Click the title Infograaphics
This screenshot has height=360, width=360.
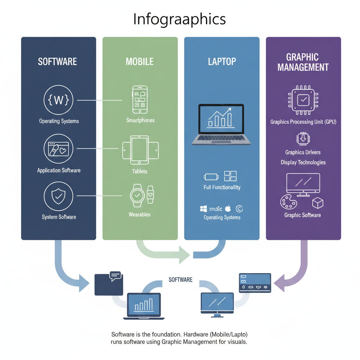179,19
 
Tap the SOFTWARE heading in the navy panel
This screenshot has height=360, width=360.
57,62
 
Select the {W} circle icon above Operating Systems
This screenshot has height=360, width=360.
58,101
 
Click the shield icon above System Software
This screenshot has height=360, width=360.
58,197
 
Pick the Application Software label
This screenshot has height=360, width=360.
59,171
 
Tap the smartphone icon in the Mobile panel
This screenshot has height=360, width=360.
140,99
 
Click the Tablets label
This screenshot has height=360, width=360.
140,172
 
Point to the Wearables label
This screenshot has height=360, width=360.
140,214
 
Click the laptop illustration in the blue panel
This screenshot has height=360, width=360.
221,124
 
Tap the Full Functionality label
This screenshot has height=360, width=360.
222,187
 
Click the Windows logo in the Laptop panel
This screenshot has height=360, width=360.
203,209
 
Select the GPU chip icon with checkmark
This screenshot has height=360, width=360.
303,101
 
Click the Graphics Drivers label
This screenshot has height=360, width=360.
303,152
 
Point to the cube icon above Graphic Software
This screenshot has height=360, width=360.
317,202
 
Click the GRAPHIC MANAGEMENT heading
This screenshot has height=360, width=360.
303,62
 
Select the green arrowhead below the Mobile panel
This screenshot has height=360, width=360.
184,255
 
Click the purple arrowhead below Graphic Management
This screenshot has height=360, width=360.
279,283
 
